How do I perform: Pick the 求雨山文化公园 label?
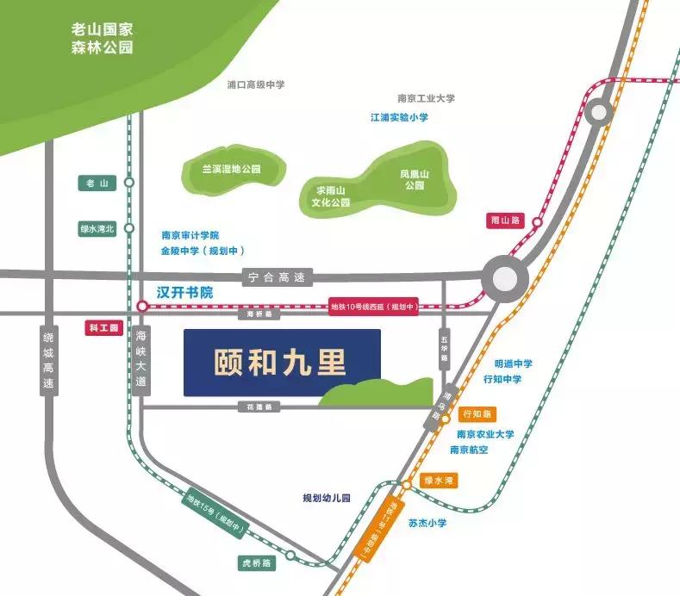point(331,196)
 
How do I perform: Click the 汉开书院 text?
point(184,293)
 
